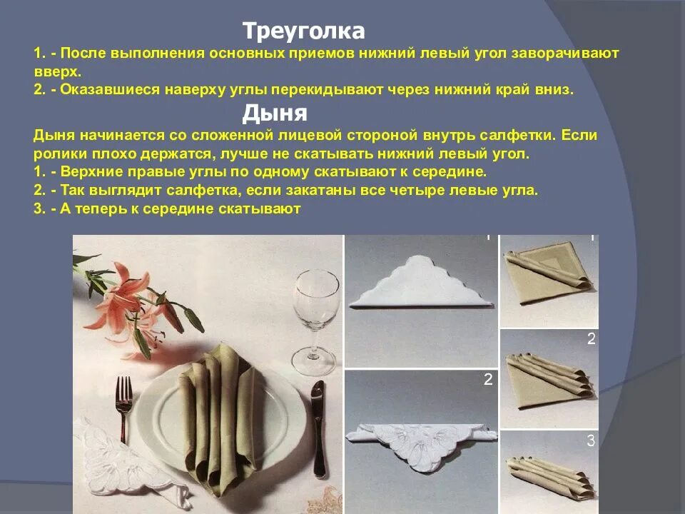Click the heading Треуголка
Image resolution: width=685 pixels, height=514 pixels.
click(303, 31)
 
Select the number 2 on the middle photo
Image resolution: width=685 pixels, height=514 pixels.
click(488, 380)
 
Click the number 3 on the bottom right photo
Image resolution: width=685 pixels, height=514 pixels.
click(591, 440)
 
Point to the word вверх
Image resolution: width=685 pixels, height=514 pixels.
click(57, 72)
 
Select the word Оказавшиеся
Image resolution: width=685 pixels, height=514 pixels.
click(107, 91)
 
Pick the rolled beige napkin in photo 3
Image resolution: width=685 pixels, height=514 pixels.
click(548, 475)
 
